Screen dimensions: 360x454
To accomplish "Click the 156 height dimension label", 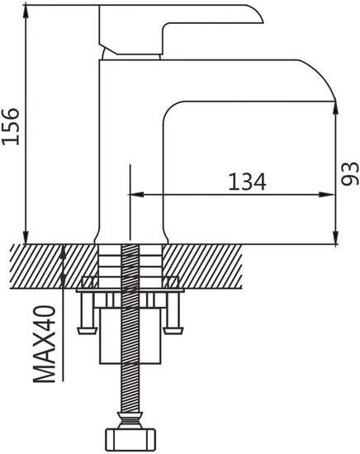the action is point(11,126).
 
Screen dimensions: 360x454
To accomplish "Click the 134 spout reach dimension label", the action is point(247,182).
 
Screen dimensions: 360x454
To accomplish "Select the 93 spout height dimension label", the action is point(350,173).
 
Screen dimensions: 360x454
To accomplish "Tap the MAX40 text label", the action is point(44,344).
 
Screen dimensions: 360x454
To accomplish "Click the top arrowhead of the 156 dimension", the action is point(26,12).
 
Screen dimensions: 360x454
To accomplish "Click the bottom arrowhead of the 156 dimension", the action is point(26,238).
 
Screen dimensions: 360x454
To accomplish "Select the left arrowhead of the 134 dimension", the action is point(135,195).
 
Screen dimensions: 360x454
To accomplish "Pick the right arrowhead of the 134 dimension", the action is point(327,195).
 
